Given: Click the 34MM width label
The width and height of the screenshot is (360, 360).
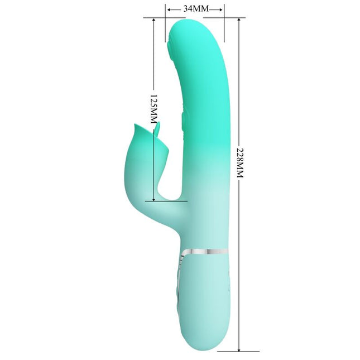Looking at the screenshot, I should coord(195,9).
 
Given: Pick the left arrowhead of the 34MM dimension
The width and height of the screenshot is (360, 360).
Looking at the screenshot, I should coord(168,9).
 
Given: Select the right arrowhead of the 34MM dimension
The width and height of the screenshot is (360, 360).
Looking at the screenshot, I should coord(222,9).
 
